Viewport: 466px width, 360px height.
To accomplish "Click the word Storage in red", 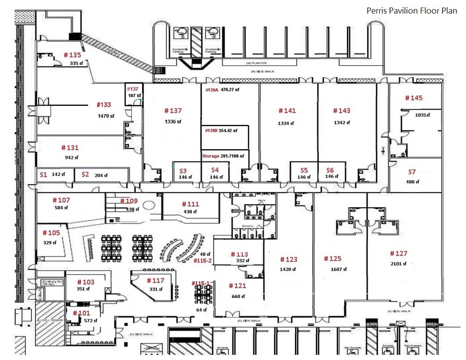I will coord(210,156).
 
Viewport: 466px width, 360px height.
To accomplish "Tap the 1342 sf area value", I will coord(342,122).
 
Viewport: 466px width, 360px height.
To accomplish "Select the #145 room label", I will coord(413,98).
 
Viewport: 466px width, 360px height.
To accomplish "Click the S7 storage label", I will coord(412,171).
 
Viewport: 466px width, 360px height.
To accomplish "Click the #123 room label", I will coord(288,259).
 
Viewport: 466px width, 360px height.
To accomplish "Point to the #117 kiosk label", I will coord(155,281).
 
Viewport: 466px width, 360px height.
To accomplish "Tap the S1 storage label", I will coord(43,175).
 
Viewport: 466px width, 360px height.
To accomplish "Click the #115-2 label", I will coord(203,261).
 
